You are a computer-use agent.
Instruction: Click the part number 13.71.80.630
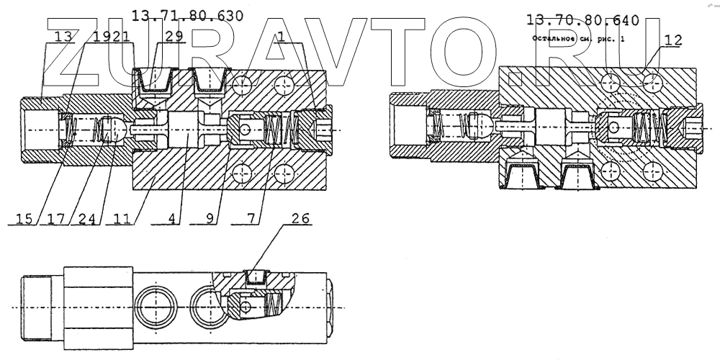pyautogui.click(x=189, y=15)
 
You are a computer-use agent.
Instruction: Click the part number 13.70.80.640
pyautogui.click(x=583, y=19)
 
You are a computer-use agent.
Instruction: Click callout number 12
pyautogui.click(x=672, y=41)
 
